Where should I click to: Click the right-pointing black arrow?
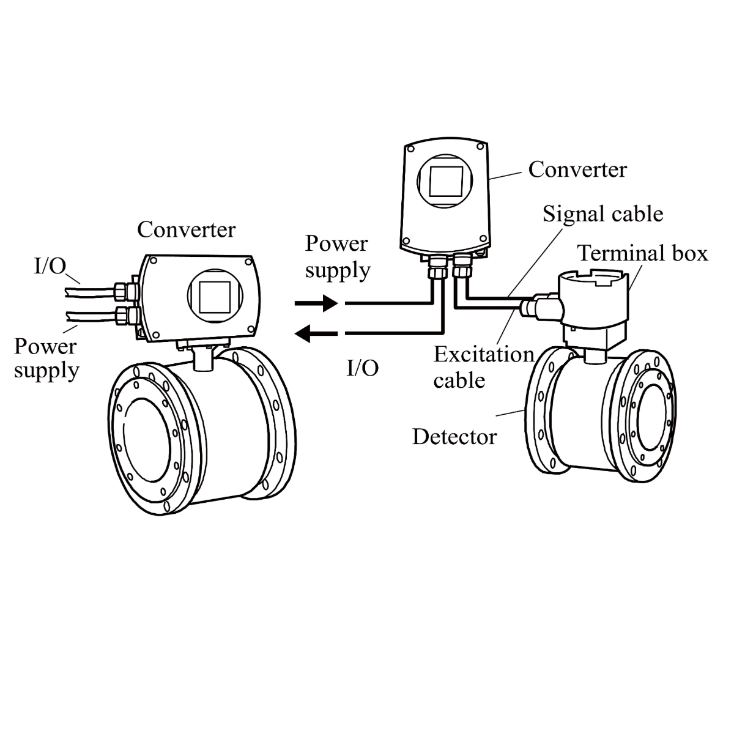point(316,303)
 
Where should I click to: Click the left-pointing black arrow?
point(316,333)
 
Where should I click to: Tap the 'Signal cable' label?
point(602,214)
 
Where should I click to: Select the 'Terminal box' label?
point(643,253)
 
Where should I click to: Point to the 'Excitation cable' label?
point(483,367)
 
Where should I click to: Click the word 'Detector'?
point(454,437)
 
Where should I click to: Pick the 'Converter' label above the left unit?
point(186,229)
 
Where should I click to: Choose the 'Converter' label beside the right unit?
point(577,169)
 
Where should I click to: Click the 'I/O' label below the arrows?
point(363,368)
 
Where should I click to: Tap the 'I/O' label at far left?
point(49,267)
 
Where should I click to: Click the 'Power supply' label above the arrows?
point(338,256)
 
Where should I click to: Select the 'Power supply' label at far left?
point(46,358)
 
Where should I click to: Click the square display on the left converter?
point(211,295)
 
